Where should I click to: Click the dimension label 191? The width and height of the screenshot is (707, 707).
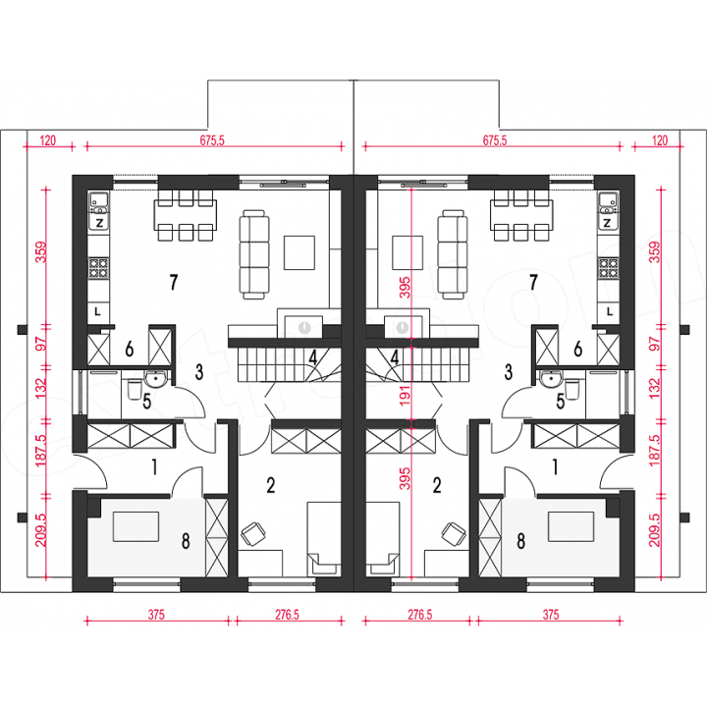pyautogui.click(x=406, y=395)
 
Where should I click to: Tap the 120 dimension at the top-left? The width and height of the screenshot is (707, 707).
pyautogui.click(x=48, y=140)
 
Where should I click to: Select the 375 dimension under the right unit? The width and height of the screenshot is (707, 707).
pyautogui.click(x=551, y=615)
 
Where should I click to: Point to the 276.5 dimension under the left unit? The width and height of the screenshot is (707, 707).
pyautogui.click(x=287, y=615)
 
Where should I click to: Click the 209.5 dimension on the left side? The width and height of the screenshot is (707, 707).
pyautogui.click(x=41, y=530)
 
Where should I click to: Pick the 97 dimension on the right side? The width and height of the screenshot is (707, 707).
pyautogui.click(x=656, y=344)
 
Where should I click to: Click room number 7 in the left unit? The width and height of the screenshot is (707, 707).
pyautogui.click(x=174, y=282)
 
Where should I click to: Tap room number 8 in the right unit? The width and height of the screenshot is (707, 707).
pyautogui.click(x=520, y=541)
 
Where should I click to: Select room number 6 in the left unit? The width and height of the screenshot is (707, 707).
pyautogui.click(x=130, y=349)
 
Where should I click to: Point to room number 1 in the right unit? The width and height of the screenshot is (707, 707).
pyautogui.click(x=555, y=467)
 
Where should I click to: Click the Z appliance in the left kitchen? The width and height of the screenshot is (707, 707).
pyautogui.click(x=99, y=222)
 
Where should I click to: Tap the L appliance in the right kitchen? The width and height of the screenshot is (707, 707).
pyautogui.click(x=610, y=311)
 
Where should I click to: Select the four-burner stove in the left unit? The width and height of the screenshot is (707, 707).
pyautogui.click(x=99, y=268)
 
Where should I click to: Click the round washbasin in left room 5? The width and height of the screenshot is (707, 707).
pyautogui.click(x=155, y=378)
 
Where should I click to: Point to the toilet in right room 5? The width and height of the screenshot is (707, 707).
pyautogui.click(x=571, y=390)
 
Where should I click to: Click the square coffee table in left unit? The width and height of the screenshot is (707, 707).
pyautogui.click(x=299, y=252)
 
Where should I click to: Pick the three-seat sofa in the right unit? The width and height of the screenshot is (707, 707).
pyautogui.click(x=453, y=254)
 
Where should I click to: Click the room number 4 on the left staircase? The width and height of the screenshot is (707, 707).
pyautogui.click(x=313, y=358)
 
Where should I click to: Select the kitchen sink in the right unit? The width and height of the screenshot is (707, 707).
pyautogui.click(x=608, y=203)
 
